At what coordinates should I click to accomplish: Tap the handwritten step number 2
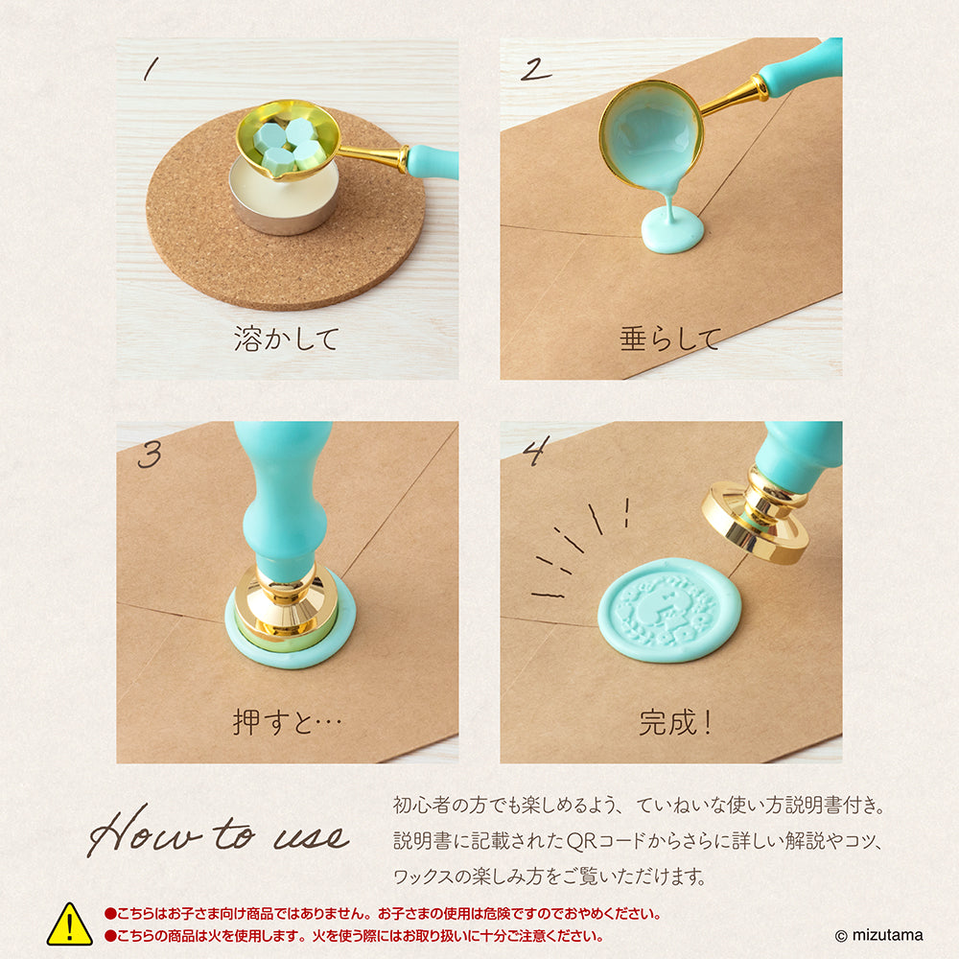coord(536,69)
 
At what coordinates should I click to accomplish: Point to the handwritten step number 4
coord(533,452)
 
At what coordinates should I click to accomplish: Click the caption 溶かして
coord(286,339)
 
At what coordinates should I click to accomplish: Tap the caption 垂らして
coord(669,339)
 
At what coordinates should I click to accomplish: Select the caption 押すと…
coord(286,722)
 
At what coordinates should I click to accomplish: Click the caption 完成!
coord(676,722)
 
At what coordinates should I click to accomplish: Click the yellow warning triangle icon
coord(70,924)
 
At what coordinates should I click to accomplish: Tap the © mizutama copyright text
coord(880,935)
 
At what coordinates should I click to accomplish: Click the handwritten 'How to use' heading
coord(218,835)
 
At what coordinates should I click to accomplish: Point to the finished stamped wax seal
coord(669,610)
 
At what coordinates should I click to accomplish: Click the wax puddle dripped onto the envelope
coord(672,231)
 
